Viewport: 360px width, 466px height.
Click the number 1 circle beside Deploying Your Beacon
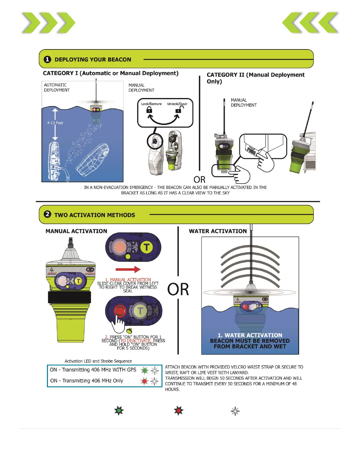click(47, 59)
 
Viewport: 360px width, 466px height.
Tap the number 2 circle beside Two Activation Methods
click(47, 214)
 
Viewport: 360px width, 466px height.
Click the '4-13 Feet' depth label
click(55, 123)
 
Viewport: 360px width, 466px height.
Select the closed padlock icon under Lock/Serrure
click(149, 110)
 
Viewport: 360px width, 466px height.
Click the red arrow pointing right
click(128, 269)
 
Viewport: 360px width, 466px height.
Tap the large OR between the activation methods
click(178, 289)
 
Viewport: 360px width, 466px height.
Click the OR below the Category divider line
click(199, 179)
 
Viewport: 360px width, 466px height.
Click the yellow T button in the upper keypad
click(146, 247)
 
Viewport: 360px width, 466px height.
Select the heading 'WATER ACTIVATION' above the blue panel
click(218, 231)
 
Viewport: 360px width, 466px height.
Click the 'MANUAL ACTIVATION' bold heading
click(76, 231)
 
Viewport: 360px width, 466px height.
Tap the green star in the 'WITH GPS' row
click(144, 370)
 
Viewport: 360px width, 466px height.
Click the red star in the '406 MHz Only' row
click(144, 381)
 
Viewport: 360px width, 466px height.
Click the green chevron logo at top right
click(310, 23)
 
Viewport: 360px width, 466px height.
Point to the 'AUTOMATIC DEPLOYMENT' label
click(57, 88)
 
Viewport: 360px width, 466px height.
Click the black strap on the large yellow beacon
click(69, 297)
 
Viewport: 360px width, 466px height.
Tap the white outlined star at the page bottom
click(235, 411)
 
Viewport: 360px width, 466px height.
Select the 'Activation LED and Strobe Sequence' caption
click(98, 361)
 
